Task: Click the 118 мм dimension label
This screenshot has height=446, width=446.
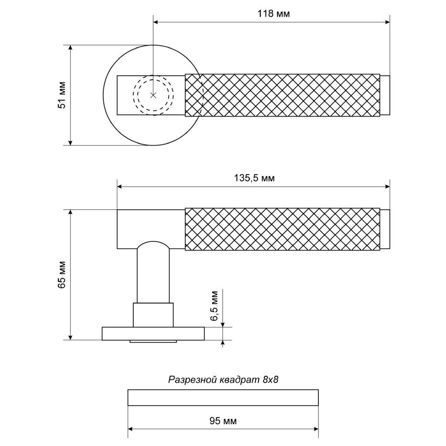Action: tap(274, 14)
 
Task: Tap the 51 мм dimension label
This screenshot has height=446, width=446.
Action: tap(62, 95)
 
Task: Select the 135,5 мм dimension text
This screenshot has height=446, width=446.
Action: tap(254, 178)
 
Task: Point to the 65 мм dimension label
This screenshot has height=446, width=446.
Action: tap(62, 274)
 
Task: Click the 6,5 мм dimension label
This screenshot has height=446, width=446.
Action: tap(214, 306)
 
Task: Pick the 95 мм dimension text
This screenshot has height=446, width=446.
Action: tap(223, 421)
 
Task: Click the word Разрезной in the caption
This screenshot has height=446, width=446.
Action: tap(193, 380)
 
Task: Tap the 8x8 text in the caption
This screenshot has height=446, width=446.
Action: tap(270, 380)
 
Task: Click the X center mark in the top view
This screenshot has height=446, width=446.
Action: tap(153, 95)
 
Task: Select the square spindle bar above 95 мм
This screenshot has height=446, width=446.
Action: tap(223, 397)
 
